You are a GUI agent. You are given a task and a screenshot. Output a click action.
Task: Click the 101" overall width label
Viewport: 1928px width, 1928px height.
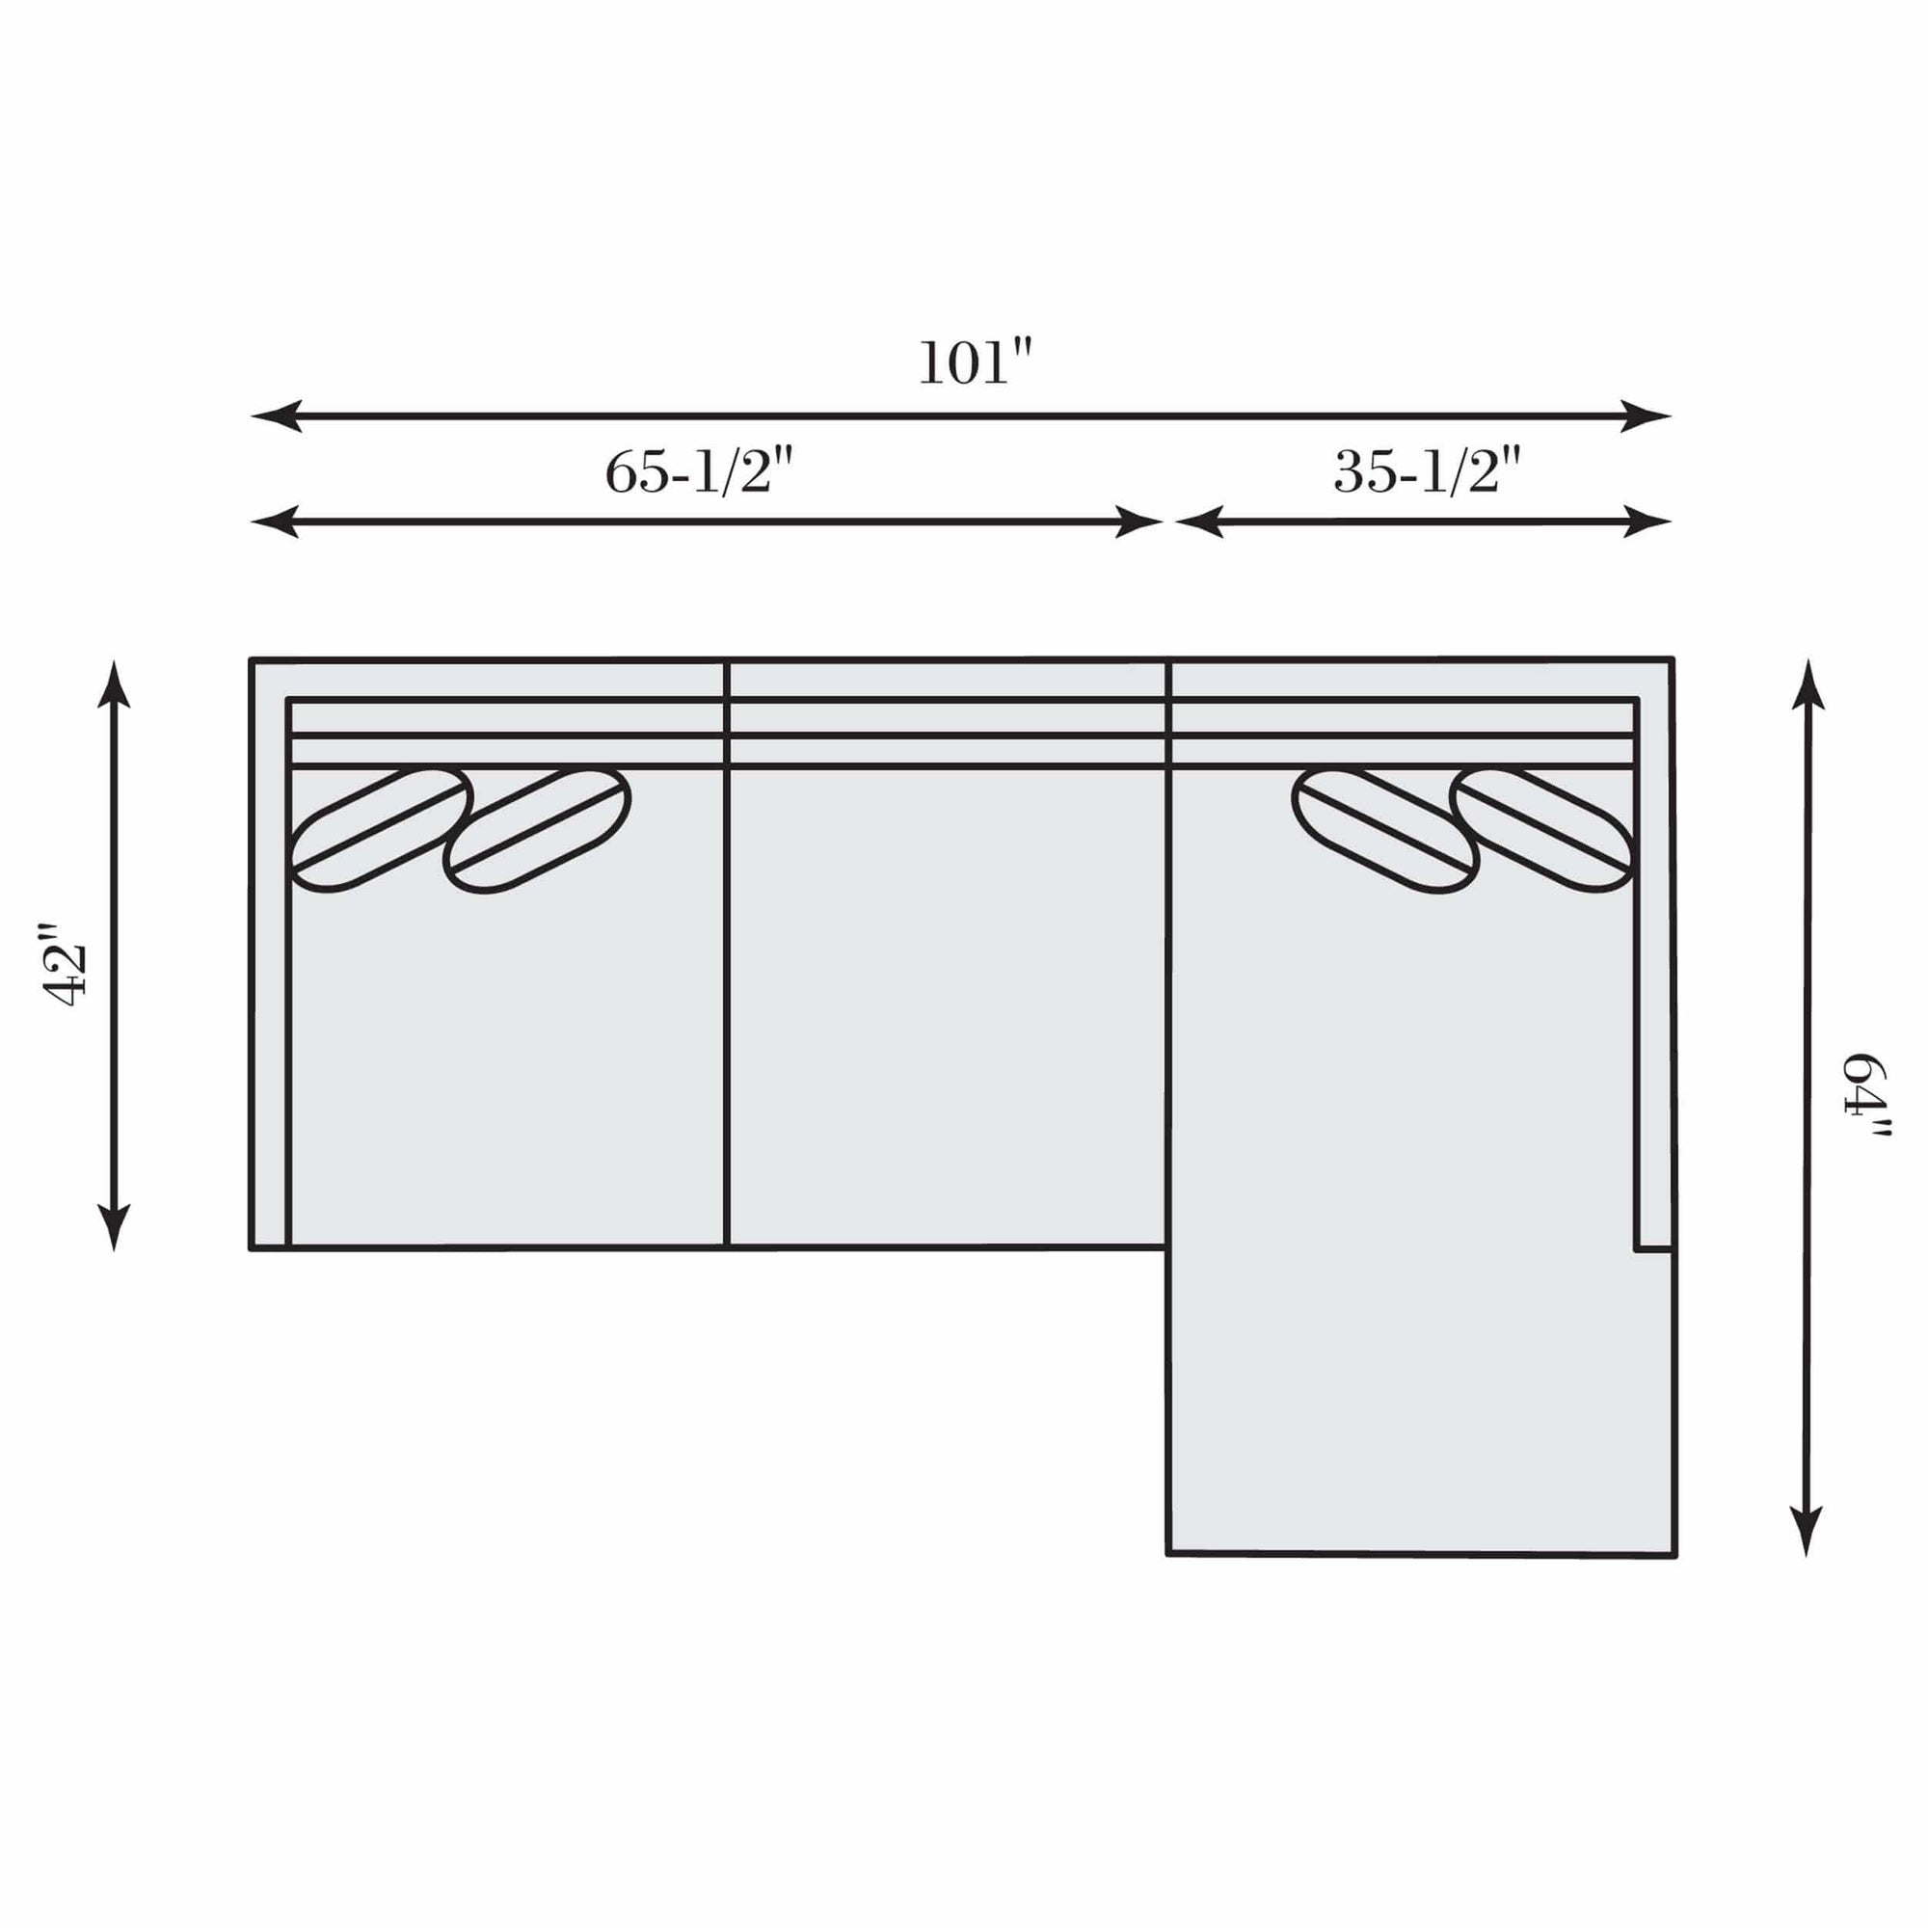[x=974, y=363]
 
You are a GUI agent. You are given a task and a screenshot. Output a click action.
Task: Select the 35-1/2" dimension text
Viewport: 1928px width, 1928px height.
[x=1427, y=471]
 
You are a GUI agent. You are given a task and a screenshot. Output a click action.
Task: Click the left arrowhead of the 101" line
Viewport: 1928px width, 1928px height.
[x=276, y=415]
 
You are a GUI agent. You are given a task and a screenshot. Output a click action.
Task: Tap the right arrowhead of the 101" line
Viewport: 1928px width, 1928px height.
[x=1646, y=415]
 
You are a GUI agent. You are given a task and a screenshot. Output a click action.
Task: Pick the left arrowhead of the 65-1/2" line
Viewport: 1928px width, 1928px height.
[x=276, y=521]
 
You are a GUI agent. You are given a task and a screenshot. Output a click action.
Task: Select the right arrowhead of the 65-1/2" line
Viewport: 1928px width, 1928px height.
[x=1138, y=521]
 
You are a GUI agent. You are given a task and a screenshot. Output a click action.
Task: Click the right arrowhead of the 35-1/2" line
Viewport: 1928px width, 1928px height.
[x=1647, y=521]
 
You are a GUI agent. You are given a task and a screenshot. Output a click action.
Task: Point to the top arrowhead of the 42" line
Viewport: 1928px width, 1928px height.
[x=114, y=684]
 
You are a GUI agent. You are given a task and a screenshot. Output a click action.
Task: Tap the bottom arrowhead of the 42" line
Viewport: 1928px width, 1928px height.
[x=114, y=1225]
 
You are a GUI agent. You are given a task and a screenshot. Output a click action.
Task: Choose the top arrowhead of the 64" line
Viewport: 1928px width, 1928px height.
[x=1808, y=684]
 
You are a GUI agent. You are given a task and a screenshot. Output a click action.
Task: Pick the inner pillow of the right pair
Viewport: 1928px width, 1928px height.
[x=1385, y=830]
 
